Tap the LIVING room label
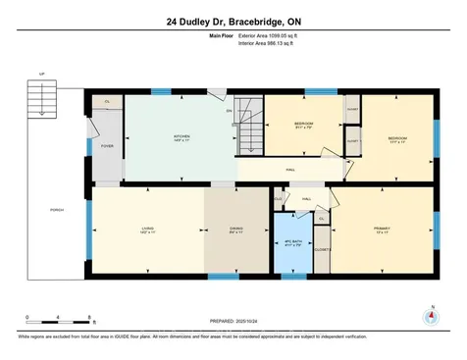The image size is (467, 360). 146,230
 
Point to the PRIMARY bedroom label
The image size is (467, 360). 382,230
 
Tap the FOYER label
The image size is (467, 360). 107,147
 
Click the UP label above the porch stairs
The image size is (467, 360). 42,74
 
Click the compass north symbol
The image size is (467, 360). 428,317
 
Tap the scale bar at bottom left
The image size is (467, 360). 59,323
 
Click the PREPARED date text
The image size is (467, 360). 233,321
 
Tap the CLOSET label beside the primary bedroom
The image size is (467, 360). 320,250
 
